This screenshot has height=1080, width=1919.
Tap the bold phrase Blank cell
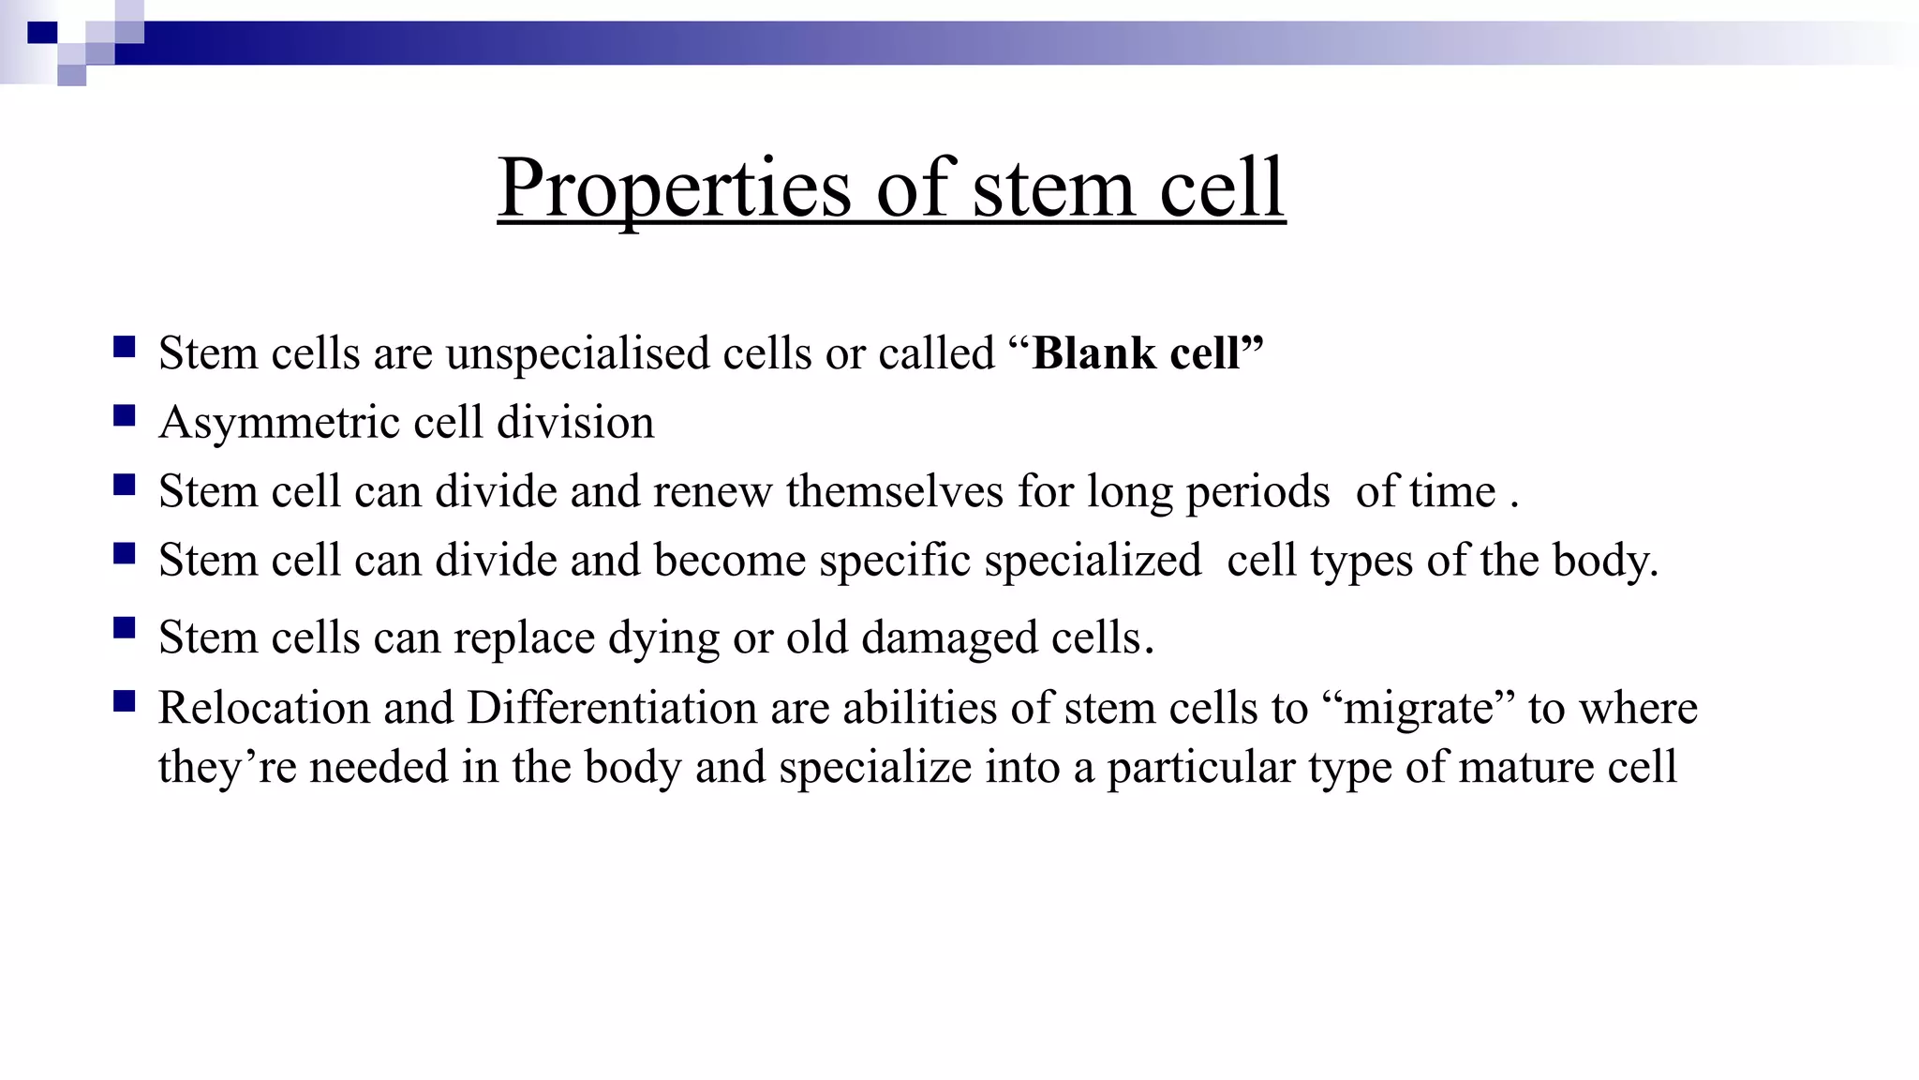[1147, 353]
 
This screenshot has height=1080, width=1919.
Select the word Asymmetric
[279, 423]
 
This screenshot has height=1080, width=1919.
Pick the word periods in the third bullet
[1257, 491]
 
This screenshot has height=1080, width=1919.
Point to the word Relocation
[263, 708]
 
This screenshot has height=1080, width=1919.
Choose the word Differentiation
[611, 708]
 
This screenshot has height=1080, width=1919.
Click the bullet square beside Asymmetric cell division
[125, 416]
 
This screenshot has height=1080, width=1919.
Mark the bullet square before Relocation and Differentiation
[125, 701]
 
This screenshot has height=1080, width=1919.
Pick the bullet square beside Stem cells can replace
[125, 627]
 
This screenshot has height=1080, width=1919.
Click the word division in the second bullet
[575, 423]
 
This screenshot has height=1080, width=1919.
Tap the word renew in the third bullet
[712, 491]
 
